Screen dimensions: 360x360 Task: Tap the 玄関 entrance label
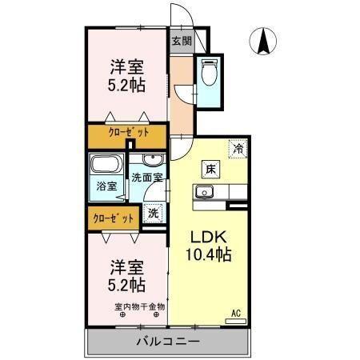tap(181, 41)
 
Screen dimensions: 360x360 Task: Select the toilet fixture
tap(210, 74)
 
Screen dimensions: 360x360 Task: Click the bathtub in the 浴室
tap(104, 168)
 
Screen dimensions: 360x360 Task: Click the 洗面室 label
tap(147, 178)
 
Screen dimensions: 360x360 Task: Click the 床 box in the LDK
tap(210, 170)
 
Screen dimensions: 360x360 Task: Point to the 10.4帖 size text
tap(210, 256)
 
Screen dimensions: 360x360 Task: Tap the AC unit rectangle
tap(236, 321)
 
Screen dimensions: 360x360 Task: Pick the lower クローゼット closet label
tap(112, 217)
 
